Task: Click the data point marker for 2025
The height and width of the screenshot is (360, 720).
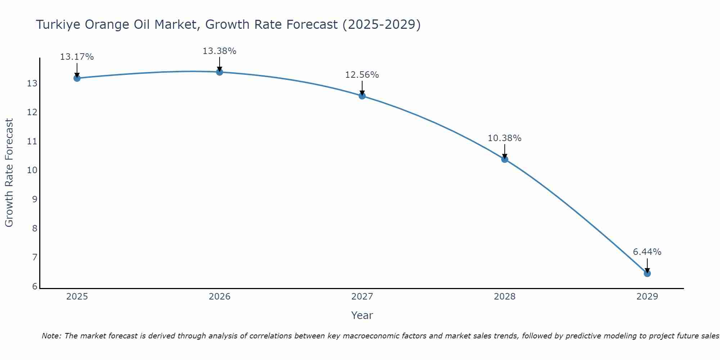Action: point(77,78)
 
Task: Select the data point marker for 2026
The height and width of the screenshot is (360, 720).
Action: point(219,72)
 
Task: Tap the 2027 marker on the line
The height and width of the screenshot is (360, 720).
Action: point(362,96)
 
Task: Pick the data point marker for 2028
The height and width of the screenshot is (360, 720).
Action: point(504,159)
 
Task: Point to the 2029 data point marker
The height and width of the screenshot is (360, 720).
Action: point(647,274)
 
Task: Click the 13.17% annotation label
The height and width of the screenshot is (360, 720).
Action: point(77,57)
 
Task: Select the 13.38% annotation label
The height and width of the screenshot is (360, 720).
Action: point(219,51)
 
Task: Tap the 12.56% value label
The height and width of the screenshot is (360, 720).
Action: point(362,75)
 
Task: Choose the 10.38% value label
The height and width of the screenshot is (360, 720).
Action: point(504,138)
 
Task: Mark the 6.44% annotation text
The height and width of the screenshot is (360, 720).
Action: point(647,252)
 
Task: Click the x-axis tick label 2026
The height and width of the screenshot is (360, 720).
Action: point(219,297)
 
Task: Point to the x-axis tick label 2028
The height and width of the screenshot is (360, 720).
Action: point(504,297)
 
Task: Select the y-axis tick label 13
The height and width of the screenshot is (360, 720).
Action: point(32,84)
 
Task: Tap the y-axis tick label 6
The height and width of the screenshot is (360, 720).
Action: point(35,287)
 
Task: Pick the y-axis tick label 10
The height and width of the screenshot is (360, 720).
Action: point(32,170)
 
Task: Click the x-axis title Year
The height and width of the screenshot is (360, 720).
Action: point(362,315)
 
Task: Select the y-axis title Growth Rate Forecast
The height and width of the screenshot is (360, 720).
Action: point(9,173)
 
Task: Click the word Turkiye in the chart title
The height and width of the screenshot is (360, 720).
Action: point(58,25)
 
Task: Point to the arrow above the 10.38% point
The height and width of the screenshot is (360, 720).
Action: point(504,151)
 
